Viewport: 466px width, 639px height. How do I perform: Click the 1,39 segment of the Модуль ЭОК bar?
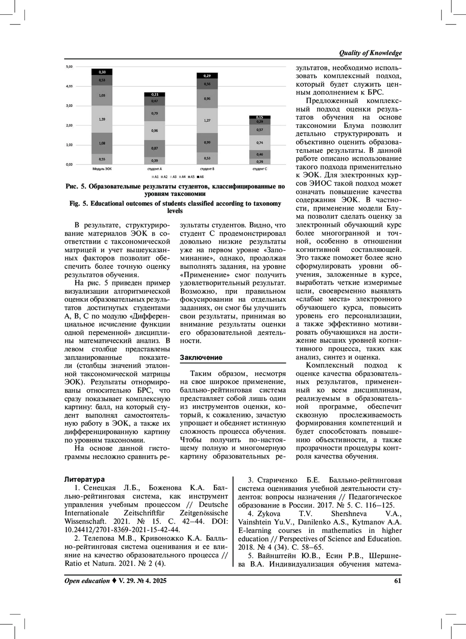[102, 119]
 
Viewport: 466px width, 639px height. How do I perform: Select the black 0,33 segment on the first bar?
[102, 72]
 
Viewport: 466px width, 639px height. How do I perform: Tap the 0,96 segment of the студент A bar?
[155, 131]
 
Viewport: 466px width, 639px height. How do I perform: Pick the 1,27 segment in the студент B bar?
[207, 120]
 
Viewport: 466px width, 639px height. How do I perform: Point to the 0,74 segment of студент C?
[260, 143]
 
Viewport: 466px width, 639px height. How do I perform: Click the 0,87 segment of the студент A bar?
[155, 148]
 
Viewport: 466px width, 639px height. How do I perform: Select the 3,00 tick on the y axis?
[69, 106]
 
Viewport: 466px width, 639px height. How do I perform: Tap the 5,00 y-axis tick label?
[69, 66]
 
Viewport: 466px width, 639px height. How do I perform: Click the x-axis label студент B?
[207, 169]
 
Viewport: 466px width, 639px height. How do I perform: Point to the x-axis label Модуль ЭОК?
[102, 169]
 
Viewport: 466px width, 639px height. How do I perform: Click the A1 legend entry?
[155, 177]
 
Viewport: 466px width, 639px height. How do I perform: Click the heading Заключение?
[201, 358]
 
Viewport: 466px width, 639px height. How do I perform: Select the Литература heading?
[85, 480]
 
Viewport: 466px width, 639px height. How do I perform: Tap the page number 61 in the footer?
[397, 581]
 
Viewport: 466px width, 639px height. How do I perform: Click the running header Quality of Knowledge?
[370, 53]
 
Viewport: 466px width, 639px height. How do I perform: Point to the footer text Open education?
[87, 581]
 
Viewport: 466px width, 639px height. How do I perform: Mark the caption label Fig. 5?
[79, 204]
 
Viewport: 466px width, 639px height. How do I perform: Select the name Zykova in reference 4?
[269, 514]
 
